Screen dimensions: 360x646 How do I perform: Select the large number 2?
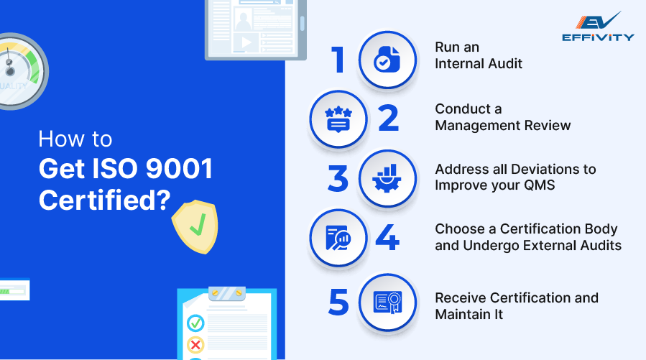tap(388, 119)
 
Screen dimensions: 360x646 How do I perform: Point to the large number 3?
tap(338, 180)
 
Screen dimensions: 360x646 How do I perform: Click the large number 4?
tap(388, 239)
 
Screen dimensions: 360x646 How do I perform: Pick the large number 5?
tap(338, 302)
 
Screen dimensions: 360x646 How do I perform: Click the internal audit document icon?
tap(387, 60)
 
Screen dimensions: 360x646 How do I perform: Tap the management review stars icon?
tap(338, 119)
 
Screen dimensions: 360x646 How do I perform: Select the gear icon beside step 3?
tap(387, 179)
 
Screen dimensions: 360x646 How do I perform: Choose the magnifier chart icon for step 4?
tap(338, 239)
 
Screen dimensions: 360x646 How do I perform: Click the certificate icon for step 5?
tap(387, 302)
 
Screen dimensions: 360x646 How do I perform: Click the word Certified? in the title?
tap(104, 200)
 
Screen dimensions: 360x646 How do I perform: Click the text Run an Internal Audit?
tap(478, 55)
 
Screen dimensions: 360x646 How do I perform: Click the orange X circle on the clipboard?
tap(195, 344)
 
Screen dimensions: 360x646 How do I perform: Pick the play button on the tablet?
tap(246, 42)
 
